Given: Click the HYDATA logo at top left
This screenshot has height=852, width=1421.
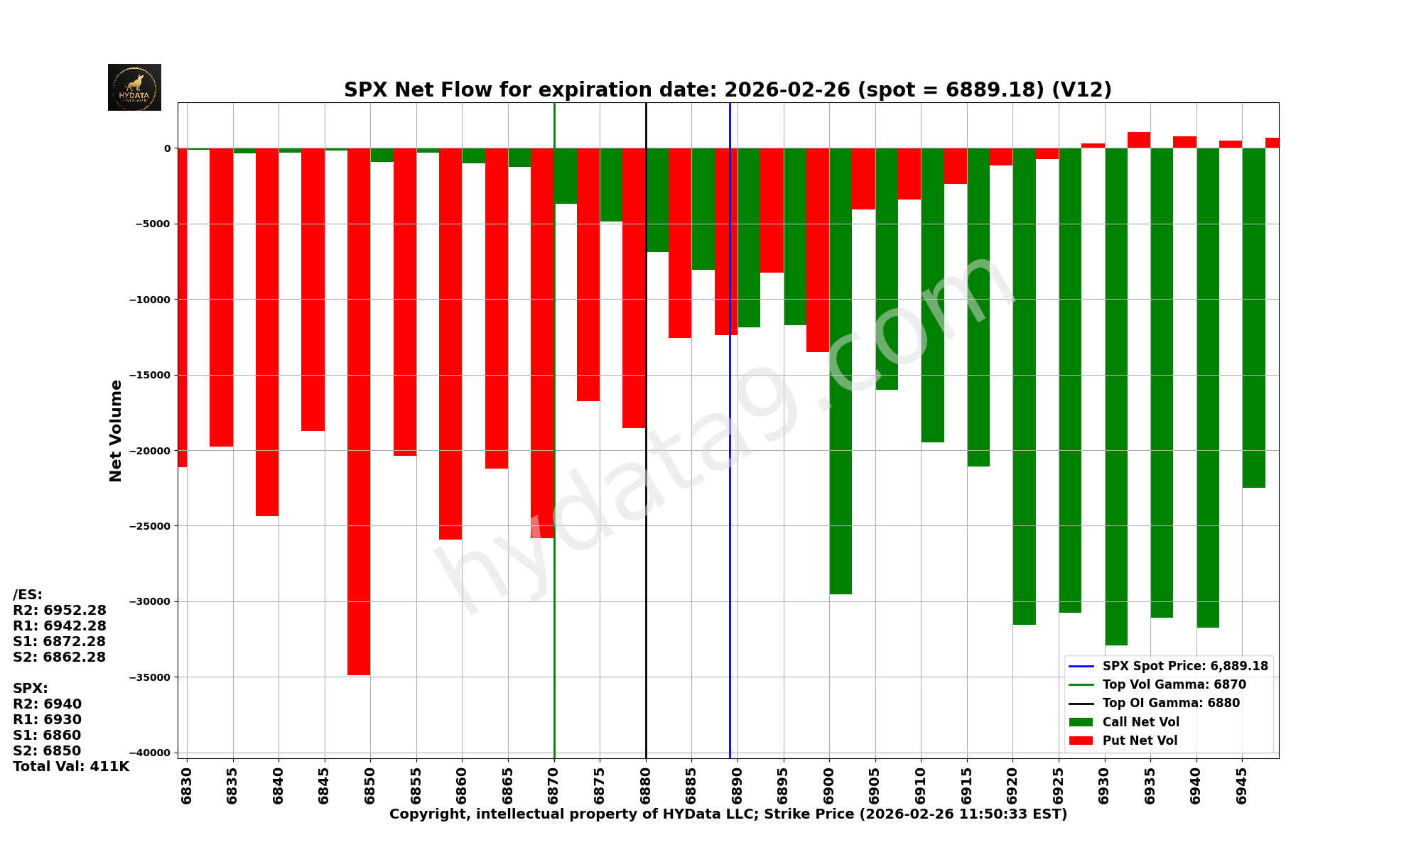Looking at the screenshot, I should pos(134,87).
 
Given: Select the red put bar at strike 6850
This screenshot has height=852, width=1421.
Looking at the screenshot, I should pos(359,412).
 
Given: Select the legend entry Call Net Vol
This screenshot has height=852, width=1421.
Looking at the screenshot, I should pos(1140,722).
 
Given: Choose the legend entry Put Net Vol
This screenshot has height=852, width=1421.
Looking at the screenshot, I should pos(1140,741).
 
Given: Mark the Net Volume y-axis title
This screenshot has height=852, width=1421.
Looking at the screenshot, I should pos(116,430).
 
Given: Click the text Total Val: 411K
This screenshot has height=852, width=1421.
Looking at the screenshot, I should pos(71,767).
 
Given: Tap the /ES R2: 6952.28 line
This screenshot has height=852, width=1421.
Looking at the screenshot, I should pos(60,611).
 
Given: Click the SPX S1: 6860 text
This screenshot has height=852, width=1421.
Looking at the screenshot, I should pos(47,736).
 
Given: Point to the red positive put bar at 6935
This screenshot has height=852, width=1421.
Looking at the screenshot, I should pos(1139,140).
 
